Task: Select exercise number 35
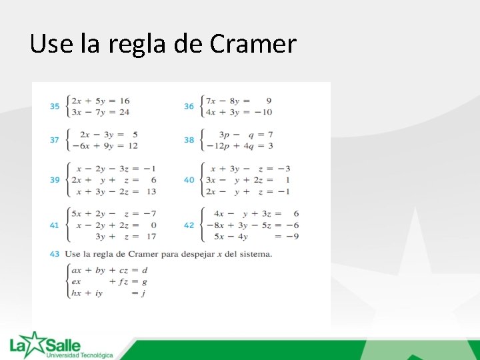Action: (55, 106)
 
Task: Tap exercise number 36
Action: (189, 106)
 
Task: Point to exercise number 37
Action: (55, 140)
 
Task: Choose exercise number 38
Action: (189, 140)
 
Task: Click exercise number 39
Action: (55, 180)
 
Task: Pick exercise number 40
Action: (189, 180)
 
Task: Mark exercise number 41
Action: (55, 225)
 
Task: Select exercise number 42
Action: (189, 225)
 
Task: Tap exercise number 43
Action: (55, 254)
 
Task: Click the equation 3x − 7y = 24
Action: (101, 112)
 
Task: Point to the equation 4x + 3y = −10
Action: (239, 112)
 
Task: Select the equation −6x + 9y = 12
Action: (103, 146)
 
